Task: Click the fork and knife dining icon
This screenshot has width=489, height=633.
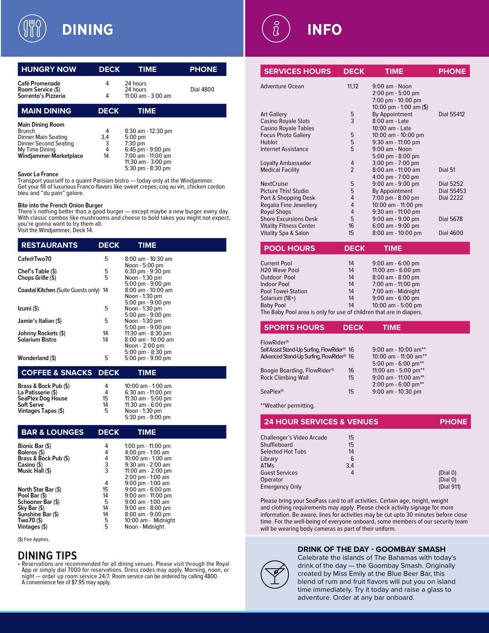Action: pos(32,29)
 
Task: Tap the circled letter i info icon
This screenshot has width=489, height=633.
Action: pos(275,29)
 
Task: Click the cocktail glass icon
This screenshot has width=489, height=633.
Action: pos(274,574)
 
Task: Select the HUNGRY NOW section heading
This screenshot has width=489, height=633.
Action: pos(49,69)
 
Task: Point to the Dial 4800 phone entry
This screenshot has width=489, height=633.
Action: pos(202,90)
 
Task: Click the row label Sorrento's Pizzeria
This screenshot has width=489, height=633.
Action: pos(41,96)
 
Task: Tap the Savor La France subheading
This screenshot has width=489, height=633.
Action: pos(38,174)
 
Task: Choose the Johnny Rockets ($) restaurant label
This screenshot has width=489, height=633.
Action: pos(42,333)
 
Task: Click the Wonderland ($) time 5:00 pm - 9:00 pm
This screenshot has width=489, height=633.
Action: pos(147,358)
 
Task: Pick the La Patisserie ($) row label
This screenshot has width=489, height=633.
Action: pos(38,392)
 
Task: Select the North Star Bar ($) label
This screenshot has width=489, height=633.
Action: pos(40,490)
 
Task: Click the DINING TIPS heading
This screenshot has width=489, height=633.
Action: pos(48,555)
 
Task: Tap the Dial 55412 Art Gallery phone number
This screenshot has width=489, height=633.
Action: pos(451,114)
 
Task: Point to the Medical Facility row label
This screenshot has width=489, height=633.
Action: pos(280,170)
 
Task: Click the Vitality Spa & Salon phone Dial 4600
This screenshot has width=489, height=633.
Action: pos(451,233)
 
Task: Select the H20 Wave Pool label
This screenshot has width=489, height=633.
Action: pos(280,270)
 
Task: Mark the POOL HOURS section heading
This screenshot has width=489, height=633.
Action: pos(290,248)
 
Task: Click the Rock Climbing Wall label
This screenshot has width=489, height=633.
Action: pos(284,378)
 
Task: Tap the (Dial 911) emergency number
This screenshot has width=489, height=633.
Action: pos(449,487)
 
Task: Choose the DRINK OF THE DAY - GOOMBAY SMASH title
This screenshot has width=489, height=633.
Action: pos(372,549)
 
